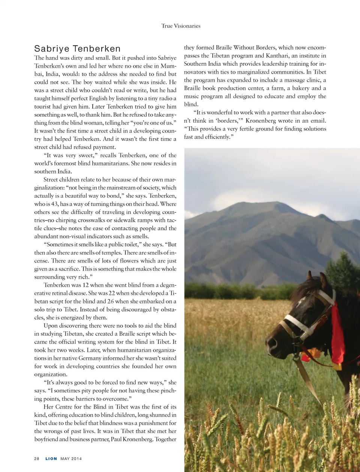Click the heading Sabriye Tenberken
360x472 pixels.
pyautogui.click(x=77, y=49)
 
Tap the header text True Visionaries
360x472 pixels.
pyautogui.click(x=181, y=26)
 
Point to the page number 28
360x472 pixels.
pyautogui.click(x=37, y=459)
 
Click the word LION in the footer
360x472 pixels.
pyautogui.click(x=51, y=459)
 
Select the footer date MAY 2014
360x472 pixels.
pyautogui.click(x=71, y=459)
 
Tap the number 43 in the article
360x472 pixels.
pyautogui.click(x=55, y=204)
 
